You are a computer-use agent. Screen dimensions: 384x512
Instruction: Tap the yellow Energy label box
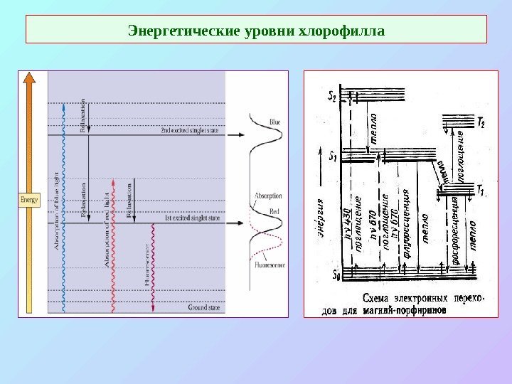[30, 200]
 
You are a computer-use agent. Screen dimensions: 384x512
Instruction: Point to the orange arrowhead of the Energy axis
[30, 78]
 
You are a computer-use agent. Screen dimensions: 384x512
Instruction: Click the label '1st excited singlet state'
[191, 218]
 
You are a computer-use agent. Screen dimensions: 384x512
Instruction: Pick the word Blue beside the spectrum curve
[275, 123]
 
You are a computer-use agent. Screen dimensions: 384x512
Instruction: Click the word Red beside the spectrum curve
[274, 212]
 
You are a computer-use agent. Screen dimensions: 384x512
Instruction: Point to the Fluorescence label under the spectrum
[271, 265]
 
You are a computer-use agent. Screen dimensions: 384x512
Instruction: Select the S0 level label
[336, 274]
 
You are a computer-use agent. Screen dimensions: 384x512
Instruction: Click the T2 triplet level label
[481, 122]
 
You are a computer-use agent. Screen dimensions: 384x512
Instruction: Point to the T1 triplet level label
[481, 190]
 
